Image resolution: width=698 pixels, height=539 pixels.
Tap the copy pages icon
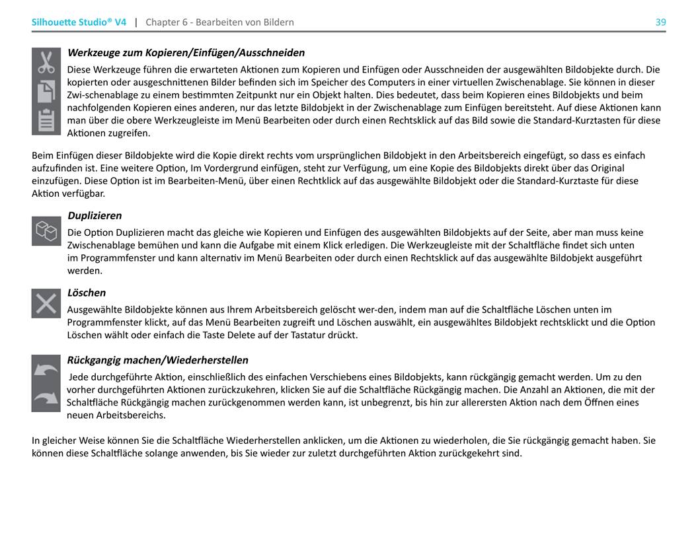click(46, 90)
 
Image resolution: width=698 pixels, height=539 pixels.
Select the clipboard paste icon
click(46, 120)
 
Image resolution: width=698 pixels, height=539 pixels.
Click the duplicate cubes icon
click(46, 231)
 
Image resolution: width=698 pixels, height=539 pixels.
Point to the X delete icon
click(46, 303)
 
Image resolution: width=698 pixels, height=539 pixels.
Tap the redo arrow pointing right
click(46, 398)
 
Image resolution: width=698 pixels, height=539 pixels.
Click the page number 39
click(660, 22)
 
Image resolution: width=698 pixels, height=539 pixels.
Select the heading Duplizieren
click(95, 216)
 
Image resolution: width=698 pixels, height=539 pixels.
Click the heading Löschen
click(87, 293)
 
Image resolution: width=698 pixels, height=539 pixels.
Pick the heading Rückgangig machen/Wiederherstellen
click(158, 360)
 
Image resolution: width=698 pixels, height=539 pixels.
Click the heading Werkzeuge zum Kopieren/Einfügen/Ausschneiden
click(186, 53)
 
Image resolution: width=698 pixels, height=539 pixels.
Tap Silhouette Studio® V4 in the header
click(79, 22)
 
